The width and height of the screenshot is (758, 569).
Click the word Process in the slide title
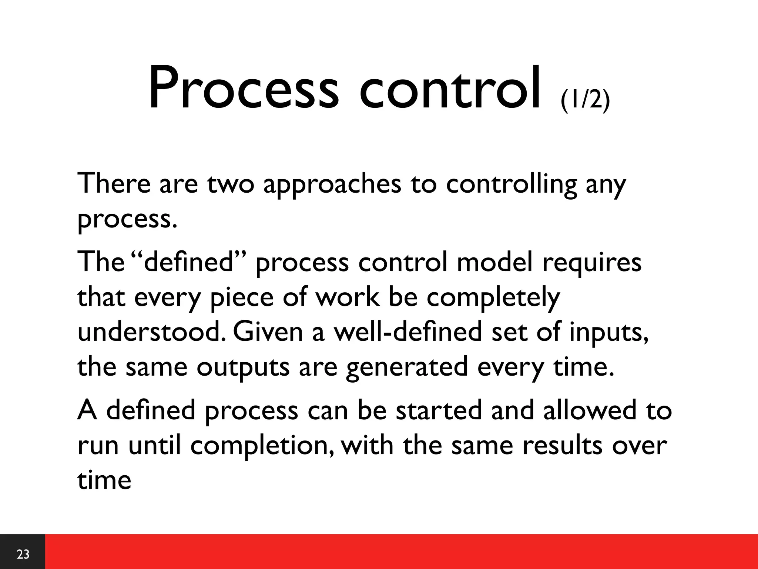click(x=243, y=89)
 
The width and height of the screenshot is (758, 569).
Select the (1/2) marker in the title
click(x=585, y=100)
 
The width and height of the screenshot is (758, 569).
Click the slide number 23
click(x=23, y=554)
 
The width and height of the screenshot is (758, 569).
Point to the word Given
click(x=268, y=332)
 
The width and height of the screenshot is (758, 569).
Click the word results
click(x=563, y=445)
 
